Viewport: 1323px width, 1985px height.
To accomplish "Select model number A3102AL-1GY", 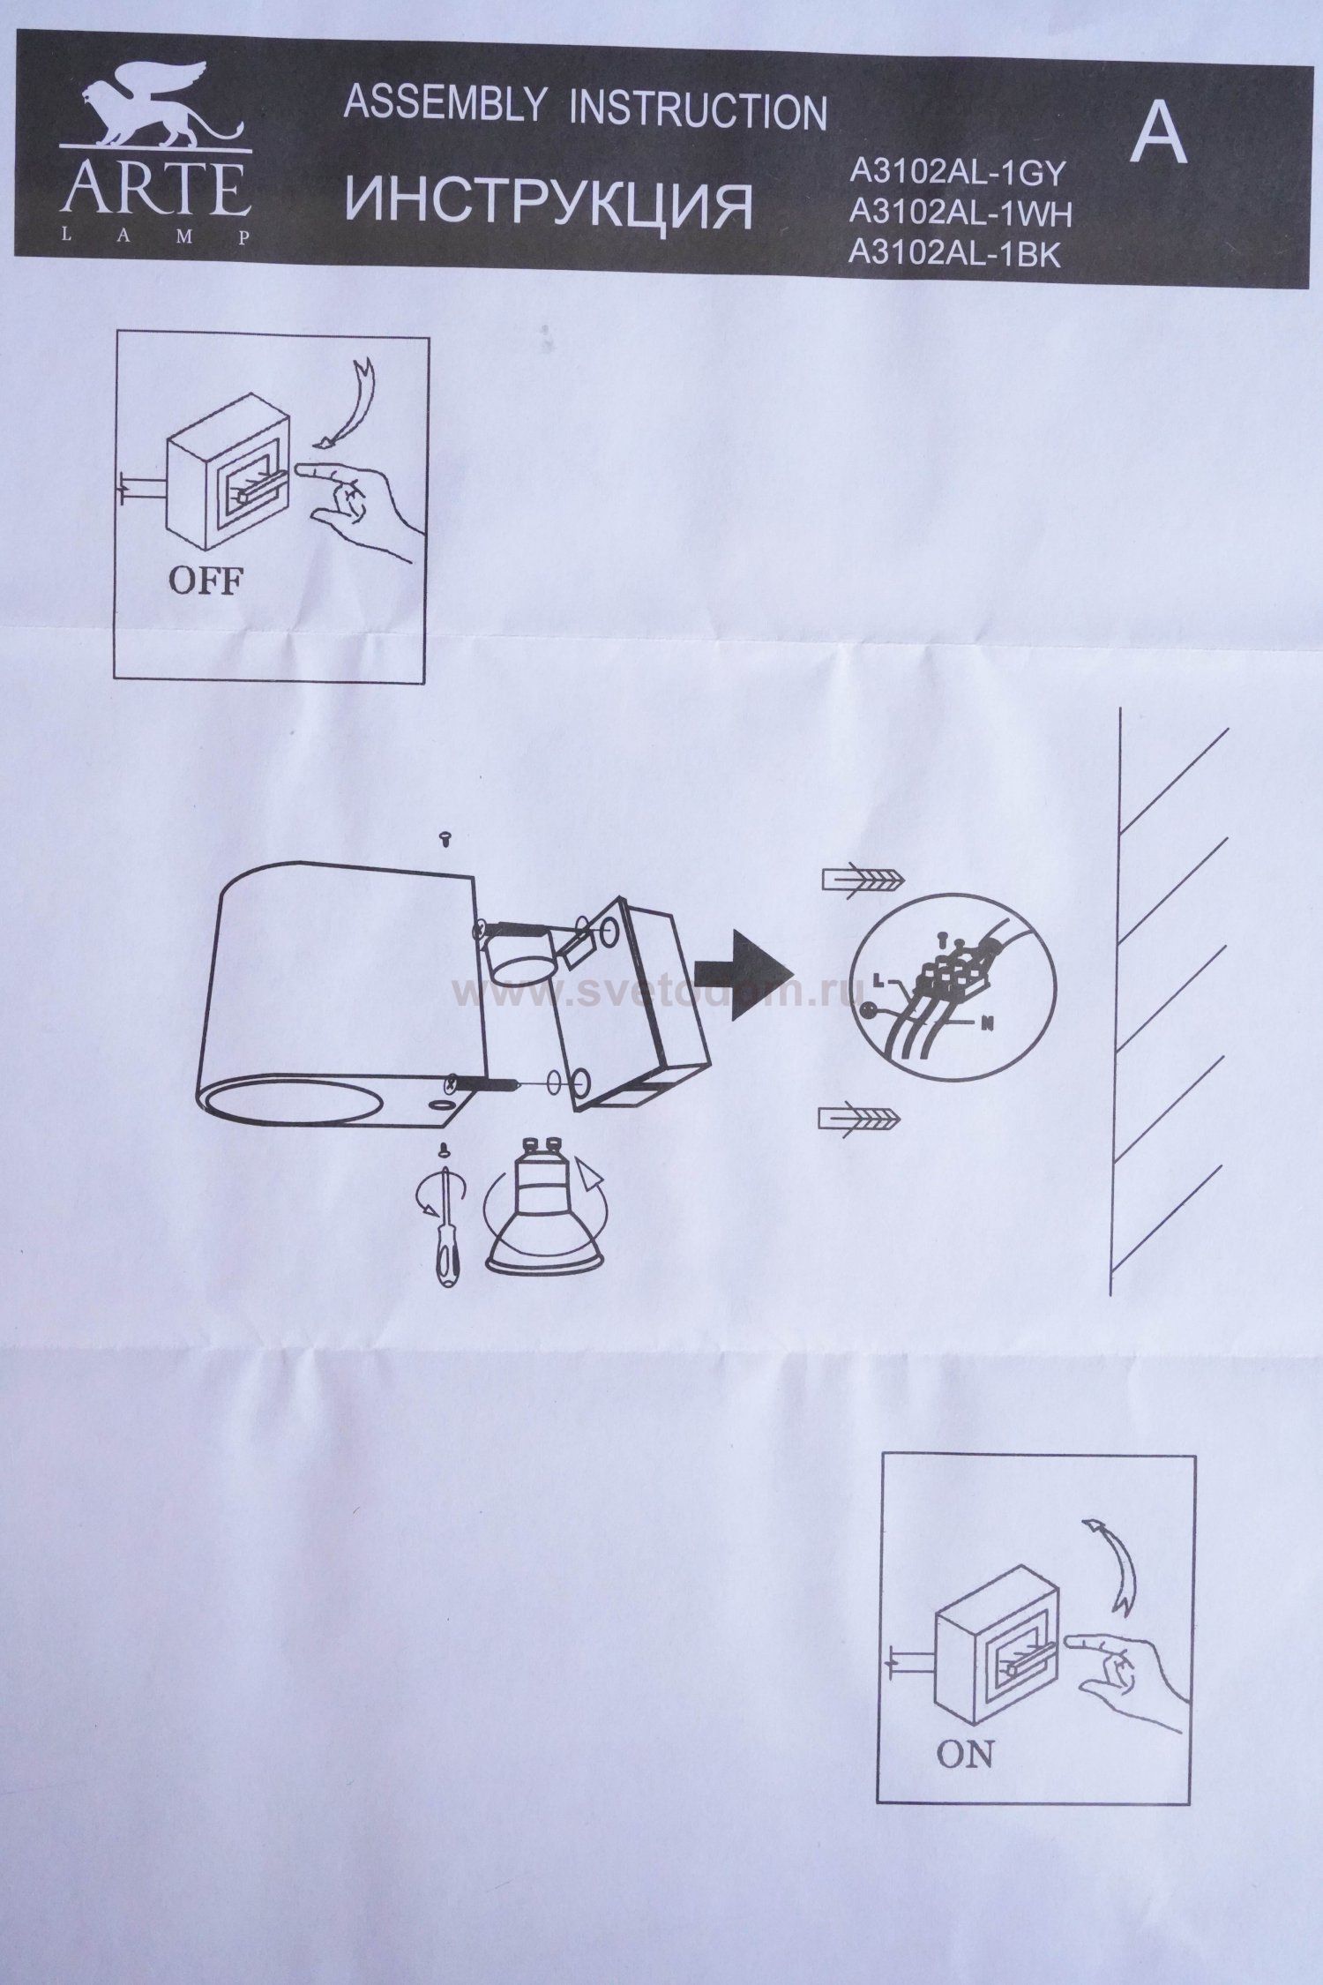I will coord(959,174).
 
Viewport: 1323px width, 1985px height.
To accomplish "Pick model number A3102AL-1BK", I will coord(953,254).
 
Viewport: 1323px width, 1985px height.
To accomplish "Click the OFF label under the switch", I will coord(205,581).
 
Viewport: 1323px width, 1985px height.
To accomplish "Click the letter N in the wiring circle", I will coord(989,1024).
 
